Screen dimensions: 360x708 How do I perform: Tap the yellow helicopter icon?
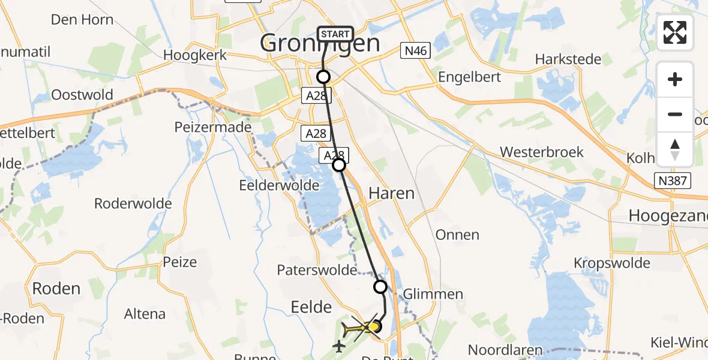tap(358, 329)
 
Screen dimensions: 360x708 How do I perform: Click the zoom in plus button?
tap(675, 79)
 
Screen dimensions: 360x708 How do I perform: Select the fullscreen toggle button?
tap(675, 32)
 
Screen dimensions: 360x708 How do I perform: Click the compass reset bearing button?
tap(675, 149)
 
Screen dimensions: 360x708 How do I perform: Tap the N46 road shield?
tap(415, 51)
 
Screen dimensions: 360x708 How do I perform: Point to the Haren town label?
tap(391, 193)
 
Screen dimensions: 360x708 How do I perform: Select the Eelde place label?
tap(311, 307)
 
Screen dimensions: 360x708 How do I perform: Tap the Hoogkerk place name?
tap(195, 55)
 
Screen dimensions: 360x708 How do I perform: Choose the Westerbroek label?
tap(542, 152)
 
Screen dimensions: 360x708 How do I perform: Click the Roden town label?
tap(56, 289)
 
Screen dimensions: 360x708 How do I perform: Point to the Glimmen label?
tap(433, 294)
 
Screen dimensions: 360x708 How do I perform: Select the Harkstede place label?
tap(568, 59)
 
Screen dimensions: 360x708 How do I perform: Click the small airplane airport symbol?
tap(339, 346)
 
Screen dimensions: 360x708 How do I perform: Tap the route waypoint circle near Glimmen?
tap(380, 287)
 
